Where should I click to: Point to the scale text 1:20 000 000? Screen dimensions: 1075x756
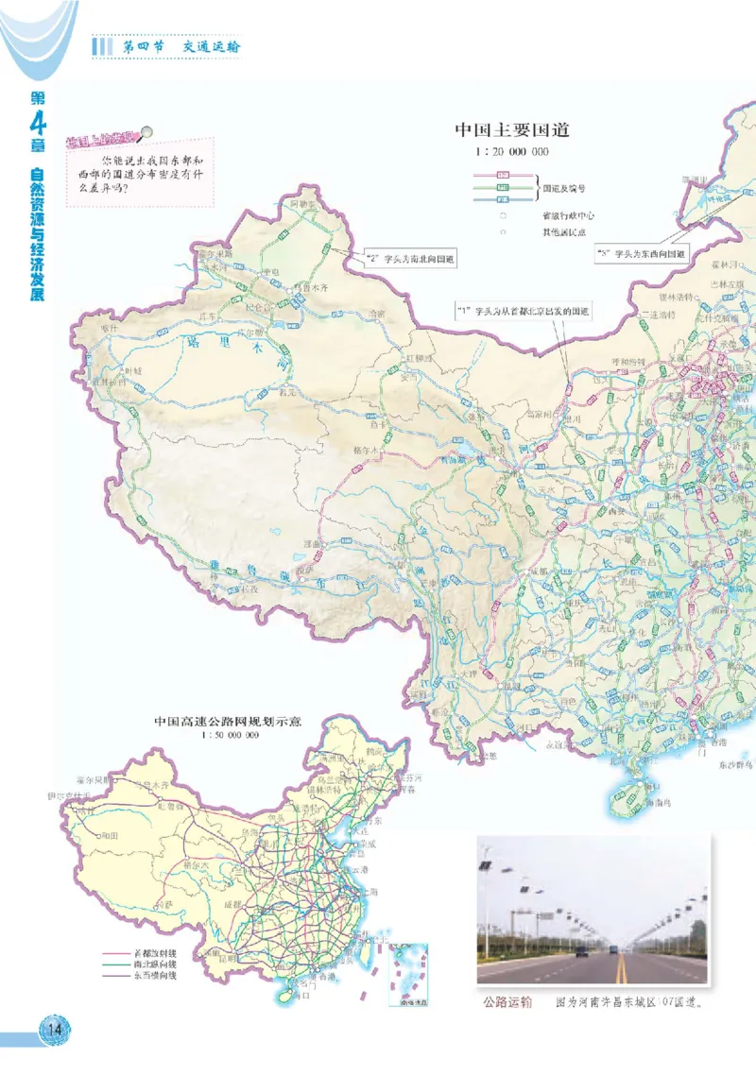point(511,151)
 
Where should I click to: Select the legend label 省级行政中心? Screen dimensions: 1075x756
point(568,215)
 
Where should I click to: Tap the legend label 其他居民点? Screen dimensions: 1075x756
point(563,231)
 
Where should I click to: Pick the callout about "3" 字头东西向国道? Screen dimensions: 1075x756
point(642,254)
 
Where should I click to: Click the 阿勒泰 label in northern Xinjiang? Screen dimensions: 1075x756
point(301,203)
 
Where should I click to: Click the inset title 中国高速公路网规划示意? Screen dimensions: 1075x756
point(228,721)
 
